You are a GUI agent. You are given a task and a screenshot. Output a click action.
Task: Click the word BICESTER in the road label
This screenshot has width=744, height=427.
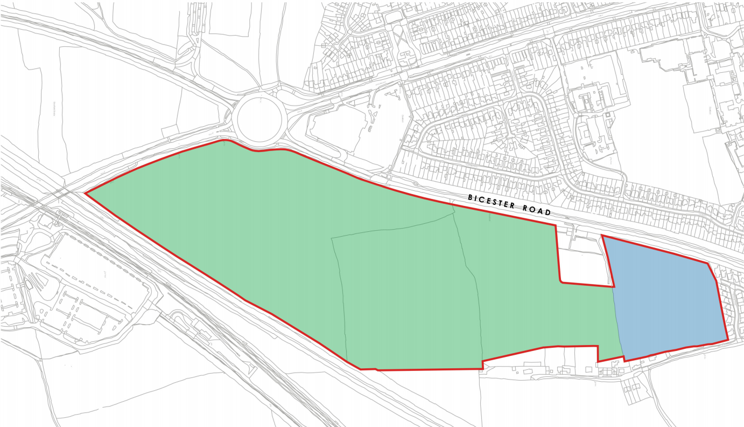pyautogui.click(x=492, y=203)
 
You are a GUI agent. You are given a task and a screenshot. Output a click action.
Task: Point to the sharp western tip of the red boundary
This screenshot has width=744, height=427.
pyautogui.click(x=86, y=192)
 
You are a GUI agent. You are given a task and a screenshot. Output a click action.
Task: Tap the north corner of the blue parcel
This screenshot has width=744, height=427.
pyautogui.click(x=602, y=236)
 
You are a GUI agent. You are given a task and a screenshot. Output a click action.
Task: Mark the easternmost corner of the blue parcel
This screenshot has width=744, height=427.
pyautogui.click(x=728, y=340)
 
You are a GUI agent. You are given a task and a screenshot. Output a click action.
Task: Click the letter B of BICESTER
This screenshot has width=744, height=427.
pyautogui.click(x=471, y=198)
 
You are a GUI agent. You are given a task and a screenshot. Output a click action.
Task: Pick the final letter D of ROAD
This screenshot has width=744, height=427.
pyautogui.click(x=548, y=213)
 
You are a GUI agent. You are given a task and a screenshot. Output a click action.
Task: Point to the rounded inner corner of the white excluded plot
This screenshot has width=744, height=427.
pyautogui.click(x=561, y=281)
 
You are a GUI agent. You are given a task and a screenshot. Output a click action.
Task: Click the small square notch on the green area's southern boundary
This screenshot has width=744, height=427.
pyautogui.click(x=598, y=354)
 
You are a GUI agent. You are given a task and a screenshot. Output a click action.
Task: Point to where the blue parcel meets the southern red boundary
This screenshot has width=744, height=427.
pyautogui.click(x=624, y=360)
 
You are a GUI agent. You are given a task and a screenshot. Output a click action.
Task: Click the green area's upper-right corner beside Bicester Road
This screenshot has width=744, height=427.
pyautogui.click(x=555, y=225)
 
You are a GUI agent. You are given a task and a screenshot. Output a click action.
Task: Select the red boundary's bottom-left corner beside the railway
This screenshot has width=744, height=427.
pyautogui.click(x=361, y=369)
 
